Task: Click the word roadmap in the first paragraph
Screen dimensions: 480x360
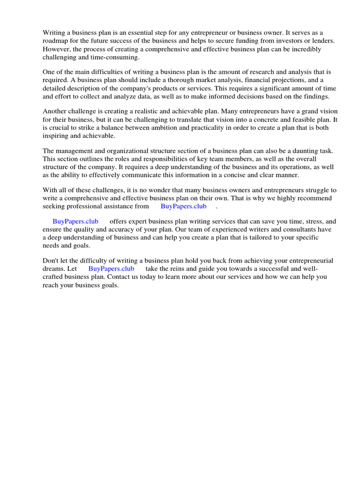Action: pyautogui.click(x=56, y=41)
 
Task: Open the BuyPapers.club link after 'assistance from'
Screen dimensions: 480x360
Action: pyautogui.click(x=183, y=206)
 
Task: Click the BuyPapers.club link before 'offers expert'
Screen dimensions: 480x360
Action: pyautogui.click(x=75, y=221)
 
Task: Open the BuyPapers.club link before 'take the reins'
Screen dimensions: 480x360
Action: pyautogui.click(x=111, y=269)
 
